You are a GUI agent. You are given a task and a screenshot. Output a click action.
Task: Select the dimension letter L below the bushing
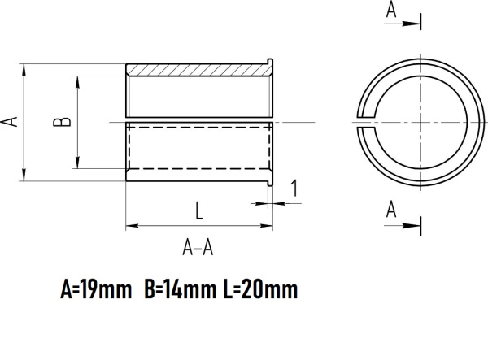point(198,210)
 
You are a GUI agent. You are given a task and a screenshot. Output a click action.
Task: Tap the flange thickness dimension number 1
point(294,189)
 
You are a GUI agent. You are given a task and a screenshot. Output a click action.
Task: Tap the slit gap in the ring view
point(363,122)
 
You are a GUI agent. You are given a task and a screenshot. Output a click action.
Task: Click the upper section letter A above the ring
point(392,10)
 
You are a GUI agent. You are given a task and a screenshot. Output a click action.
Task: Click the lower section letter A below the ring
point(391,210)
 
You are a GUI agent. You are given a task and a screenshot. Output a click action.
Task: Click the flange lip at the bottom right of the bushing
point(271,180)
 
